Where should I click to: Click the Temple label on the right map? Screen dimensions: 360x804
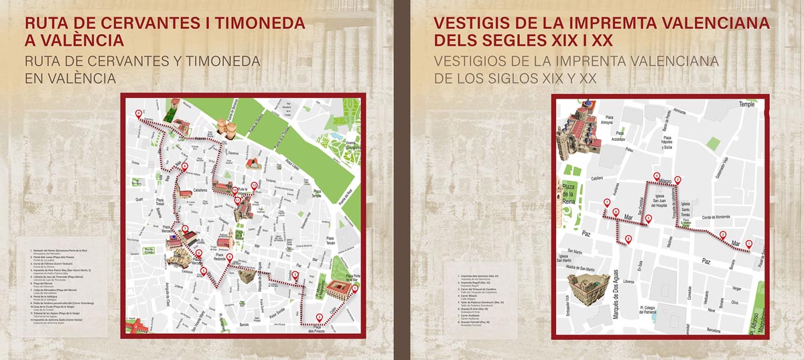tap(746, 105)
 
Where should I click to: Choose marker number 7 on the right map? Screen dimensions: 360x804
tap(722, 234)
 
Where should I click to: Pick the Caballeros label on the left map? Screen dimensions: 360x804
tap(200, 190)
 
